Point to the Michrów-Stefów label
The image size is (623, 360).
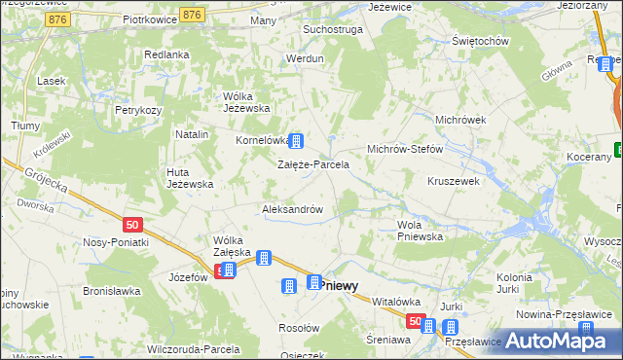[404, 149]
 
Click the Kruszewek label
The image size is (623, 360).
[454, 181]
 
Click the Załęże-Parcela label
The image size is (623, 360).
[313, 164]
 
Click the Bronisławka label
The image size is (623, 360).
[112, 291]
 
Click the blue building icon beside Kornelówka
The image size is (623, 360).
[293, 142]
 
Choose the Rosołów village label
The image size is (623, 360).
[299, 328]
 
